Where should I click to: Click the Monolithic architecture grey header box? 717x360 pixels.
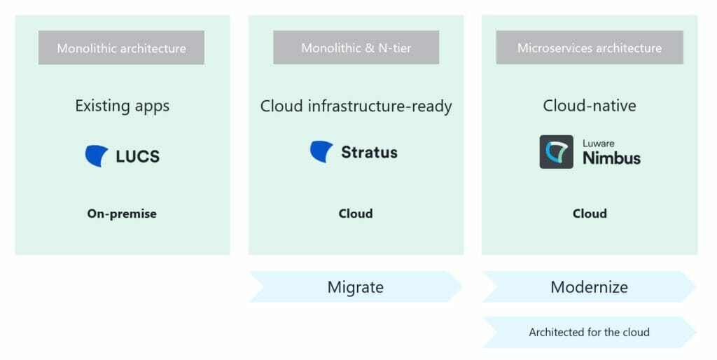click(121, 48)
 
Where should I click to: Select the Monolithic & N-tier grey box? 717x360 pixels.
click(356, 48)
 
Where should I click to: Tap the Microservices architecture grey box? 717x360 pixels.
click(590, 48)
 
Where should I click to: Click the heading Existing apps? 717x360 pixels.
click(123, 106)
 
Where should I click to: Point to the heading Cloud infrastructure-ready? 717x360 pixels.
click(356, 106)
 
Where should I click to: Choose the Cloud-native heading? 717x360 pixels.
click(590, 106)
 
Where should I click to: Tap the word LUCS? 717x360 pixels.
click(138, 156)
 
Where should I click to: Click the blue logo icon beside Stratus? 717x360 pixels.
click(321, 152)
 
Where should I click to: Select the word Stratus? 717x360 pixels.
click(369, 152)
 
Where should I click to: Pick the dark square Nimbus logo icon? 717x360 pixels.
click(557, 152)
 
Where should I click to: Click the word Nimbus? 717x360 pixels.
click(611, 158)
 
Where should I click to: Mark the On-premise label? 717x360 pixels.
click(122, 214)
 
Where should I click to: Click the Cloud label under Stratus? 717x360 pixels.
click(356, 214)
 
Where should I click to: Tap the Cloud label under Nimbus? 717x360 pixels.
click(590, 214)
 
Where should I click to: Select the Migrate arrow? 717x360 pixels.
click(356, 287)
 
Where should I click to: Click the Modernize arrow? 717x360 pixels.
click(590, 287)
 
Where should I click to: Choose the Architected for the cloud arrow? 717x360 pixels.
click(590, 332)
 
